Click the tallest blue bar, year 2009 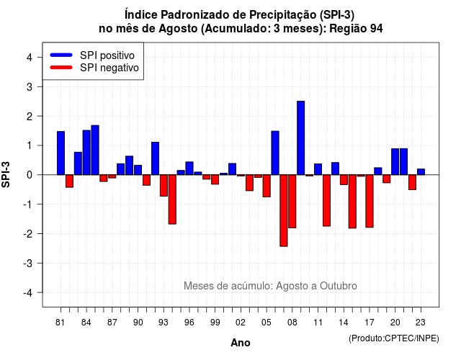click(301, 138)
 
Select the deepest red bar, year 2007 click(284, 210)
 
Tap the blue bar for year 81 click(61, 153)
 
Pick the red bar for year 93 click(164, 186)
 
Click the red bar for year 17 click(370, 201)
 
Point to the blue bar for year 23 click(421, 172)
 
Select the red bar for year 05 click(267, 186)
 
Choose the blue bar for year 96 click(189, 168)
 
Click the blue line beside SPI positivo click(61, 55)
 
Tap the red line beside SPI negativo click(61, 68)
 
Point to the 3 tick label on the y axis click(29, 86)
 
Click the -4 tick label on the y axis click(27, 293)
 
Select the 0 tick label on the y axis click(29, 175)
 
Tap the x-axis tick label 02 click(241, 323)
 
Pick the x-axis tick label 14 click(344, 323)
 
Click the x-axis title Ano click(241, 343)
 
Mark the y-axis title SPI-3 click(6, 174)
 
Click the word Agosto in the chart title click(178, 29)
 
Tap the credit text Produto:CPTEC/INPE click(394, 338)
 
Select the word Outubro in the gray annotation click(338, 286)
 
